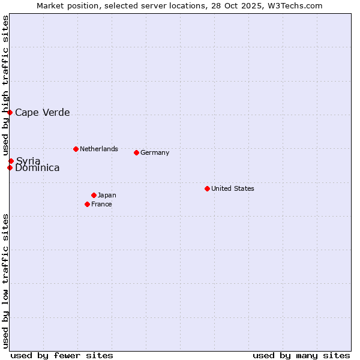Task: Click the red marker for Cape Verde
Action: pos(10,112)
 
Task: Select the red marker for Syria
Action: pos(11,161)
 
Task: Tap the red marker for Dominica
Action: pos(10,167)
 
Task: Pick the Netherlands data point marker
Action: pos(76,149)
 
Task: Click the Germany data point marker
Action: pos(136,152)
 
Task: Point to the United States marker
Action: pos(207,188)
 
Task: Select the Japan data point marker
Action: pos(94,195)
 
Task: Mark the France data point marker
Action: pos(88,204)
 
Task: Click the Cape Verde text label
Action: pos(42,112)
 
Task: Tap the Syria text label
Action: pos(28,161)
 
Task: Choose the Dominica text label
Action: pos(37,168)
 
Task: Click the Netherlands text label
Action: pos(99,149)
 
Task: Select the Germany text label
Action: pos(155,152)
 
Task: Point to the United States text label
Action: pos(233,188)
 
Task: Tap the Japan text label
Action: pos(107,195)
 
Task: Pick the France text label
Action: pos(101,204)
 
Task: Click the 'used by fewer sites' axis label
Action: pos(62,355)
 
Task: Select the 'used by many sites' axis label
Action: pos(301,355)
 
